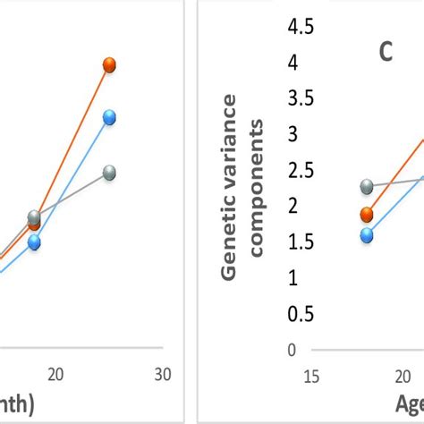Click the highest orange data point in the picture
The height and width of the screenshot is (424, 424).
(x=109, y=64)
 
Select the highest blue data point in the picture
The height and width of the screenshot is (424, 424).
(x=109, y=117)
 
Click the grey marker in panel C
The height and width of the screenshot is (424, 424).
(x=367, y=187)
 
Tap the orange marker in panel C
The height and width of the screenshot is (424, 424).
(x=367, y=214)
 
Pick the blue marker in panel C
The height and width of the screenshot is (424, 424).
(x=367, y=235)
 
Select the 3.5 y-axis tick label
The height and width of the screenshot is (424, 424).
(x=301, y=98)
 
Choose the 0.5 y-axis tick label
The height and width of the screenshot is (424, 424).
(x=301, y=314)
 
